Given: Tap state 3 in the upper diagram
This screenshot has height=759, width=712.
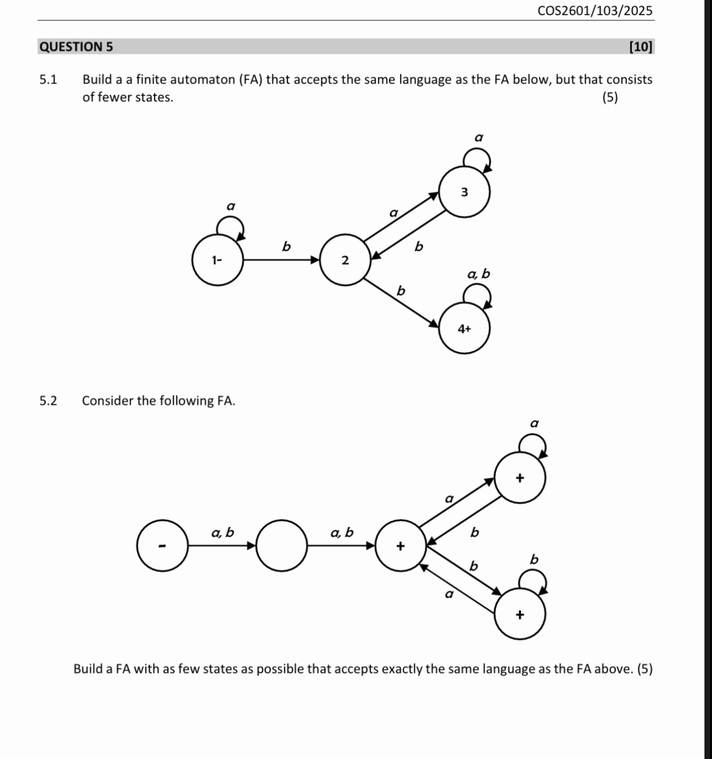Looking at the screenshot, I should [x=464, y=192].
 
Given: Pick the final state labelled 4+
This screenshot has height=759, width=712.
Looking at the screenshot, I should [x=464, y=328].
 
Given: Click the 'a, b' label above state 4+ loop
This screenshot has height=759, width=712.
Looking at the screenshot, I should [x=478, y=274].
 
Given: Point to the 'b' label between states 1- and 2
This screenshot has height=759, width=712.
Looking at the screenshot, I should [x=286, y=247].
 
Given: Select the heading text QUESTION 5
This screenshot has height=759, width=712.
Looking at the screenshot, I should [x=76, y=47].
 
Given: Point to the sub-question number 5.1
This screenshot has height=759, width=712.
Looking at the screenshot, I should [x=48, y=79].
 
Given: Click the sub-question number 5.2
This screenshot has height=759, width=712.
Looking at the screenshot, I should [x=48, y=401].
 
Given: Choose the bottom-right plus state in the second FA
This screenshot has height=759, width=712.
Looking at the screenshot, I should [x=520, y=614].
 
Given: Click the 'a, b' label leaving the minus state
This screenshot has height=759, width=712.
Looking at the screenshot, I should [x=223, y=532].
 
